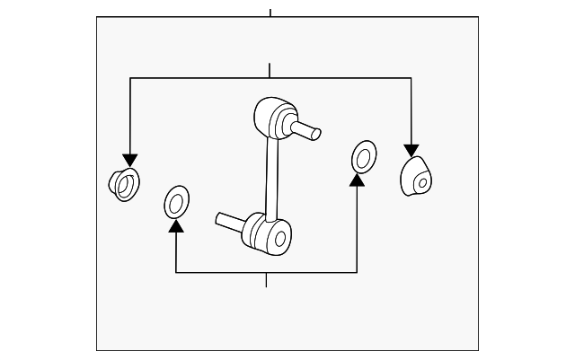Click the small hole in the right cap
pos(420,182)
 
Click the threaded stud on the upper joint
pos(308,131)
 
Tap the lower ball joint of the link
pos(269,233)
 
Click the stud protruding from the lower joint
pos(230,219)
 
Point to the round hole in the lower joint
pos(280,240)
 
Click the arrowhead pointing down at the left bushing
pos(130,160)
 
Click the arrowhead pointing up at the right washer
pos(358,180)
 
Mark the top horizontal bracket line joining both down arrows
pos(270,79)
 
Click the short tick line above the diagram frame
pos(270,12)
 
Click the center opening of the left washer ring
pos(176,203)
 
